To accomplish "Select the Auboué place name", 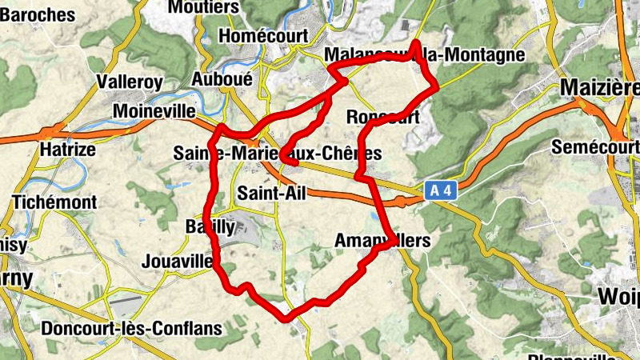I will [x=222, y=79].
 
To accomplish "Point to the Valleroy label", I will [x=129, y=82].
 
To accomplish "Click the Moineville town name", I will [x=154, y=111].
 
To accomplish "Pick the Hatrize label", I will [x=67, y=150].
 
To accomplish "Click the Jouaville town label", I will [x=176, y=261].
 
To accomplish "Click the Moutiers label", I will [x=204, y=6].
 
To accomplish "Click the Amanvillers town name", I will [x=382, y=240].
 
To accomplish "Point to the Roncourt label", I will [x=383, y=117].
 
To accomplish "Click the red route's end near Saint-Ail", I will [x=297, y=163].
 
